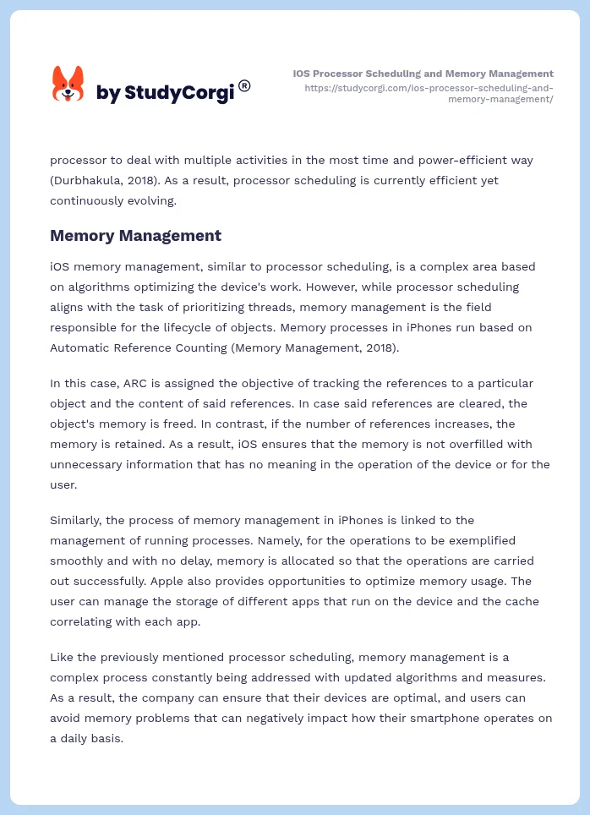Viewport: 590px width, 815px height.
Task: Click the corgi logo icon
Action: coord(68,85)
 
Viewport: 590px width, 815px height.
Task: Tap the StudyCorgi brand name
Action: coord(165,93)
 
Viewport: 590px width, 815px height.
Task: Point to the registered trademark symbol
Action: coord(244,85)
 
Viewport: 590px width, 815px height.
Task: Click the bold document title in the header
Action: coord(423,74)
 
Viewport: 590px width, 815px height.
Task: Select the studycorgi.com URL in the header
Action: coord(429,93)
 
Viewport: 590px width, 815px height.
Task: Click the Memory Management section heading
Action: coord(135,236)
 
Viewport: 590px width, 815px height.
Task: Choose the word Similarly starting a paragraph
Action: coord(79,520)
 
